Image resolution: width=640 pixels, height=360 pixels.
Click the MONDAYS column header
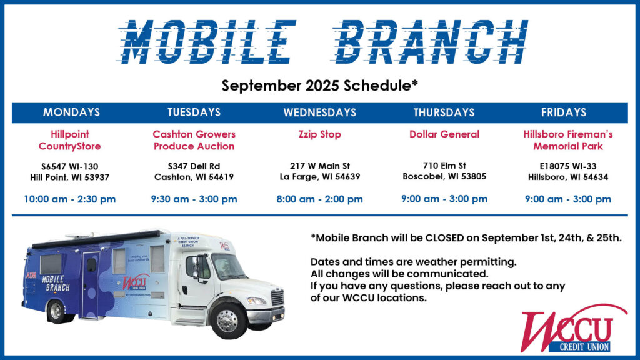pyautogui.click(x=71, y=112)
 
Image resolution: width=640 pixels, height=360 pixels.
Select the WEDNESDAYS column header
pyautogui.click(x=319, y=112)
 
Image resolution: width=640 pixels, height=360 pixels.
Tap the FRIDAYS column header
pyautogui.click(x=564, y=112)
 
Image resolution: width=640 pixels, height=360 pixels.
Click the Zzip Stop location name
pyautogui.click(x=319, y=134)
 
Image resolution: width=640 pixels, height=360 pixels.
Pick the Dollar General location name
pyautogui.click(x=444, y=134)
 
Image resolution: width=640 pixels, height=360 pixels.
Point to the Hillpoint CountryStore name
pyautogui.click(x=70, y=140)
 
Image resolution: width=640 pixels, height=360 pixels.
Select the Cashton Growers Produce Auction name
pyautogui.click(x=194, y=140)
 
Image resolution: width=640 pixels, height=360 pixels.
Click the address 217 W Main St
pyautogui.click(x=319, y=166)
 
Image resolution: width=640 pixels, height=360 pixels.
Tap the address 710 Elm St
pyautogui.click(x=444, y=165)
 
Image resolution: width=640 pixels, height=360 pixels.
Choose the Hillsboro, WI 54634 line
pyautogui.click(x=567, y=177)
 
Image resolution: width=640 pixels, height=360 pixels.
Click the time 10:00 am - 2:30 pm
pyautogui.click(x=70, y=199)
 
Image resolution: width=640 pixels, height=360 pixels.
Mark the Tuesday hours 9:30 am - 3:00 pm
pyautogui.click(x=194, y=199)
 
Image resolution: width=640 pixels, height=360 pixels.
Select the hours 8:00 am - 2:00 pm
pyautogui.click(x=319, y=199)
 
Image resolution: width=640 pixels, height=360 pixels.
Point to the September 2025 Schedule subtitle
pyautogui.click(x=319, y=86)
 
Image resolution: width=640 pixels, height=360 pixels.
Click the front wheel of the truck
pyautogui.click(x=227, y=320)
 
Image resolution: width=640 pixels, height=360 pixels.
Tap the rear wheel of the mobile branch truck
pyautogui.click(x=57, y=311)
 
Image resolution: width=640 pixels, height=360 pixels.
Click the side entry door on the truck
pyautogui.click(x=90, y=284)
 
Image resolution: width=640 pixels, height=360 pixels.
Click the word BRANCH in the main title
pyautogui.click(x=431, y=42)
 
